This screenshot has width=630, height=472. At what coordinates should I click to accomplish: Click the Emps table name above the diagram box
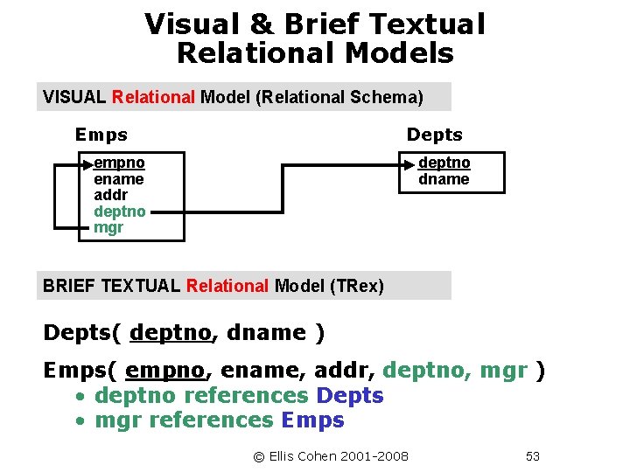click(x=101, y=135)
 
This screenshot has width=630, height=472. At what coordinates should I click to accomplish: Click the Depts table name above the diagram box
click(x=434, y=135)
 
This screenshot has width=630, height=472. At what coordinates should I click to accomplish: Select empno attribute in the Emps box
click(x=120, y=163)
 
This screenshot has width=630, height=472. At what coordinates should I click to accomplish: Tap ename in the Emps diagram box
click(x=118, y=179)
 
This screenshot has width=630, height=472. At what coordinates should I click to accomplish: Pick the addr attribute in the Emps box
click(x=110, y=195)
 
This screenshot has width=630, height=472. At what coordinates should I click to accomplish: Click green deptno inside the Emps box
click(x=120, y=212)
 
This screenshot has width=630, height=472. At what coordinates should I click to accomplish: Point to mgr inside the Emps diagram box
click(x=108, y=227)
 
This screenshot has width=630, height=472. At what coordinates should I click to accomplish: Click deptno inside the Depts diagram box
click(x=444, y=163)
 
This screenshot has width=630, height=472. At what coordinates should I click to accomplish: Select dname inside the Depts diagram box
click(x=444, y=179)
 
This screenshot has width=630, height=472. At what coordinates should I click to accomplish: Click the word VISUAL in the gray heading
click(x=74, y=97)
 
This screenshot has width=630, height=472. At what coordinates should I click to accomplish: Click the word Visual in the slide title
click(x=192, y=24)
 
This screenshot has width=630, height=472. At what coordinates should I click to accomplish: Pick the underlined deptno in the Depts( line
click(x=171, y=332)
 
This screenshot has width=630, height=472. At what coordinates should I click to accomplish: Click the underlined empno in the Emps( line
click(x=165, y=371)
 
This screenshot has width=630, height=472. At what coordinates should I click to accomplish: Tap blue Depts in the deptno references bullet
click(x=350, y=395)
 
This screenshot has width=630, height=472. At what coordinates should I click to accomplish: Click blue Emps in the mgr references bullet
click(x=312, y=420)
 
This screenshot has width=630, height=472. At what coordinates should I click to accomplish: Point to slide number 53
click(x=533, y=456)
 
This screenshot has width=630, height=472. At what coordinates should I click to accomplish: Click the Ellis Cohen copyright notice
click(x=331, y=456)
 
